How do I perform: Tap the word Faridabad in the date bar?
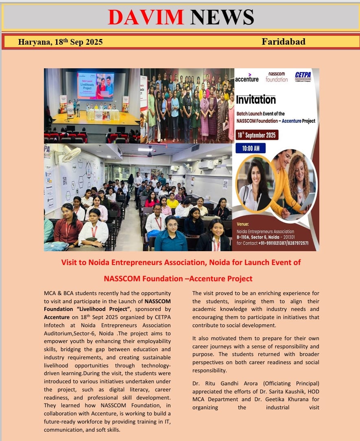[x=284, y=41]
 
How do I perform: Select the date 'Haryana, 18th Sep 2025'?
[x=60, y=42]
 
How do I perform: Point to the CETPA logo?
[x=303, y=76]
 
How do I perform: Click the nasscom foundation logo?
[x=277, y=77]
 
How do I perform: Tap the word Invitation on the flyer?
[x=256, y=99]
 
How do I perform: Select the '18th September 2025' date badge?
[x=257, y=135]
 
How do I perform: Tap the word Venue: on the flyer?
[x=244, y=223]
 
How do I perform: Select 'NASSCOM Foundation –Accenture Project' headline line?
[x=178, y=278]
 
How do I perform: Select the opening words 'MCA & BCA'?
[x=57, y=293]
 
